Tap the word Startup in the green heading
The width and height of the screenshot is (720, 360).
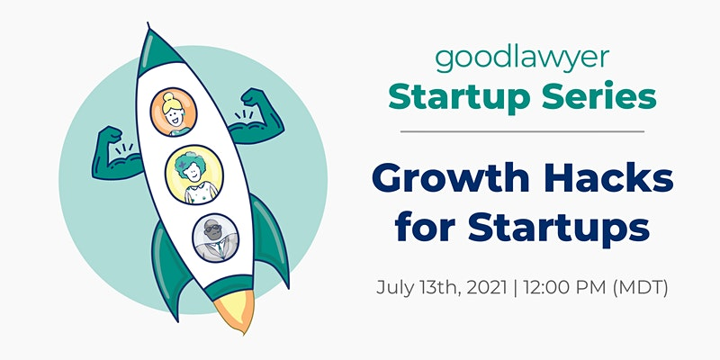(x=461, y=98)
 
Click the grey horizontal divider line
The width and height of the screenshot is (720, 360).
(x=522, y=131)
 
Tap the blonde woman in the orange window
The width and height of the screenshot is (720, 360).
(x=174, y=112)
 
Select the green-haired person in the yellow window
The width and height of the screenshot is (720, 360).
(x=194, y=175)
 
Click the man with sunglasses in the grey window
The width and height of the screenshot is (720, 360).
(x=215, y=238)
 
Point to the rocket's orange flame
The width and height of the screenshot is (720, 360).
(x=236, y=310)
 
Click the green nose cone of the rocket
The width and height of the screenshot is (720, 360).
(x=157, y=49)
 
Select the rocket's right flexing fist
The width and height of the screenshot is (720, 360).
(x=254, y=98)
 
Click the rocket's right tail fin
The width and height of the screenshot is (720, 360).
(x=272, y=238)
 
